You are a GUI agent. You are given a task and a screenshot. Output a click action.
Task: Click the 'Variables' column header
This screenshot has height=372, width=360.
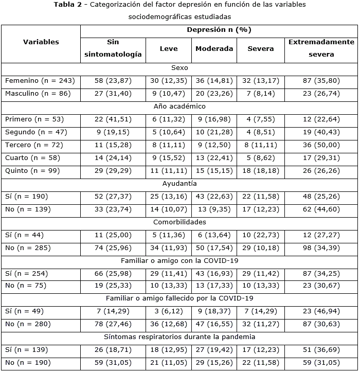click(41, 42)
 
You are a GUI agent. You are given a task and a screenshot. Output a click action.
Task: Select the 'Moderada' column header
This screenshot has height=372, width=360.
click(214, 49)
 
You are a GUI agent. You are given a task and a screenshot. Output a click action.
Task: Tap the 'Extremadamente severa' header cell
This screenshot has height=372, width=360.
click(321, 48)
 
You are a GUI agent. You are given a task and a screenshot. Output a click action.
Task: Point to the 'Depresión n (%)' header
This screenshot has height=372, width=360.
click(219, 30)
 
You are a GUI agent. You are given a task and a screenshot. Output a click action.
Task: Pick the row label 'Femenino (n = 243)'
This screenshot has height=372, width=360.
click(40, 81)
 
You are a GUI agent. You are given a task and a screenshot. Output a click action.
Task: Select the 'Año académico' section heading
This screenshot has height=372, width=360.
click(179, 107)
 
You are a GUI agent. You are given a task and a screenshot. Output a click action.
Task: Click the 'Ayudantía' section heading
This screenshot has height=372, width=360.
click(179, 184)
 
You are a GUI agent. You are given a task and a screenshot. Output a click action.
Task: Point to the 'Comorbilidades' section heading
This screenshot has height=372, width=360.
click(179, 222)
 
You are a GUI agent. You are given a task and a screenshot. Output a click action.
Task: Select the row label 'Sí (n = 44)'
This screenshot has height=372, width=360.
click(24, 235)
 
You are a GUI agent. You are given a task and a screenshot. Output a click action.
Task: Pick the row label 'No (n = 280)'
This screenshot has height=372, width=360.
click(27, 324)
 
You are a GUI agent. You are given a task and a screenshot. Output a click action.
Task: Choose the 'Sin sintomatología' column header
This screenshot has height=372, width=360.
click(113, 48)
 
